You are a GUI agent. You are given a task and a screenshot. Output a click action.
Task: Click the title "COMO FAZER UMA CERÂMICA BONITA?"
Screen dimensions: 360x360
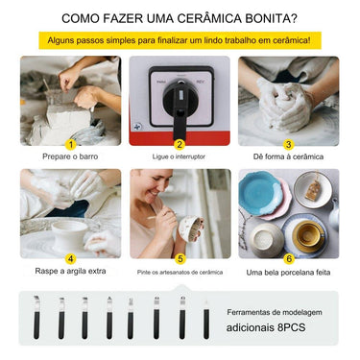pyautogui.click(x=180, y=18)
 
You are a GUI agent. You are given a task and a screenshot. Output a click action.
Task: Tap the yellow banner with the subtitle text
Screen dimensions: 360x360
pyautogui.click(x=180, y=41)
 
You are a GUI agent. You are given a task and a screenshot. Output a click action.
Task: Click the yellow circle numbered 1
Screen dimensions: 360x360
pyautogui.click(x=70, y=145)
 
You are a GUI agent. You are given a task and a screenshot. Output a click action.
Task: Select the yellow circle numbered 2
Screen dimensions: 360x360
pyautogui.click(x=180, y=145)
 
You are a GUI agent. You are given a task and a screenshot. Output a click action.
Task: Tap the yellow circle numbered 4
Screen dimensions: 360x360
pyautogui.click(x=70, y=258)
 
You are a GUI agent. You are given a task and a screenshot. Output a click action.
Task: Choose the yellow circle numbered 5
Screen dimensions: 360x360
pyautogui.click(x=180, y=258)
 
